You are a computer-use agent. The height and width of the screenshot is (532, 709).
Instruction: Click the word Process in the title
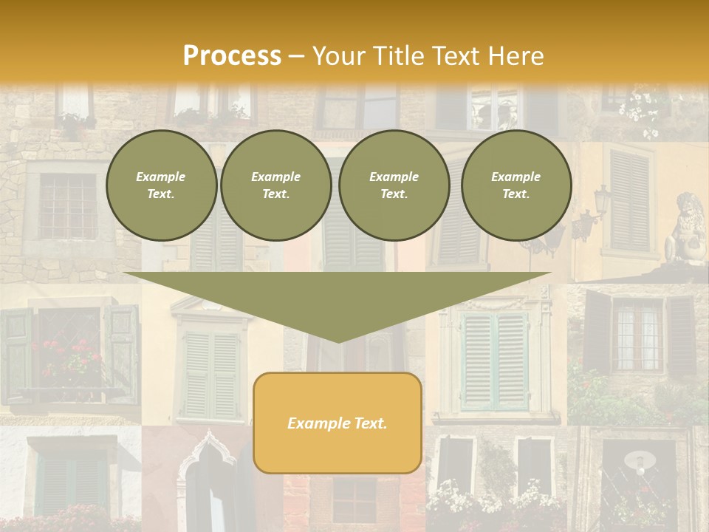(x=232, y=55)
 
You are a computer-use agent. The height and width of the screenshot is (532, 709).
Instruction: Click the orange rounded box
(x=338, y=423)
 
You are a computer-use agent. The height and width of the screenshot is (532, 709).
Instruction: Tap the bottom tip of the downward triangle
(x=338, y=342)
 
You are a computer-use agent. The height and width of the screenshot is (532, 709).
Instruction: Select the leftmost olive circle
(x=161, y=185)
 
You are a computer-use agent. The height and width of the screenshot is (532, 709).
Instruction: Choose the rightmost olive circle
(x=516, y=185)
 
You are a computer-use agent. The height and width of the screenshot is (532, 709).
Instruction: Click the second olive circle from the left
(x=275, y=185)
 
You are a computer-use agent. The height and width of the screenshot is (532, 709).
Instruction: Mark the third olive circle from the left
(x=394, y=185)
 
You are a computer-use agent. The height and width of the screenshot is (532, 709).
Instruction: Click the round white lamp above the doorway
(x=640, y=463)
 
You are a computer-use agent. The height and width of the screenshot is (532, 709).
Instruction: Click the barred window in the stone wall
(x=68, y=205)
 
